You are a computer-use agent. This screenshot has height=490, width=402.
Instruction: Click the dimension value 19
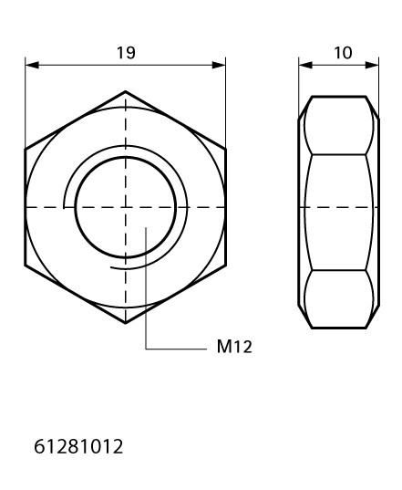click(x=126, y=53)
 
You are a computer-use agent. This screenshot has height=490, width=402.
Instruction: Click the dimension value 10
click(x=343, y=53)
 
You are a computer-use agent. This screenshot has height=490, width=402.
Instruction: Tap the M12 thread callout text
click(x=234, y=347)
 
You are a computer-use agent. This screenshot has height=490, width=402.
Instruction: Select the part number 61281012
click(x=78, y=446)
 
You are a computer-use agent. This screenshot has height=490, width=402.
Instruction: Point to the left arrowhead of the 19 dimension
click(x=32, y=65)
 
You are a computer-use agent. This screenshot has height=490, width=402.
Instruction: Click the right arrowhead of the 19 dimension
click(x=219, y=65)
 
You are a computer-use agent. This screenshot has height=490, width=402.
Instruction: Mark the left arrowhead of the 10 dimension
click(x=305, y=65)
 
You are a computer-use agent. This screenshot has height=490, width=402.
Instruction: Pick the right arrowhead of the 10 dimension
click(x=372, y=65)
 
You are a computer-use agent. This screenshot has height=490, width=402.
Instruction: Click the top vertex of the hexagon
click(x=126, y=91)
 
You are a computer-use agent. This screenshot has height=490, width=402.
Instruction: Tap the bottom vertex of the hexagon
click(x=126, y=323)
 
